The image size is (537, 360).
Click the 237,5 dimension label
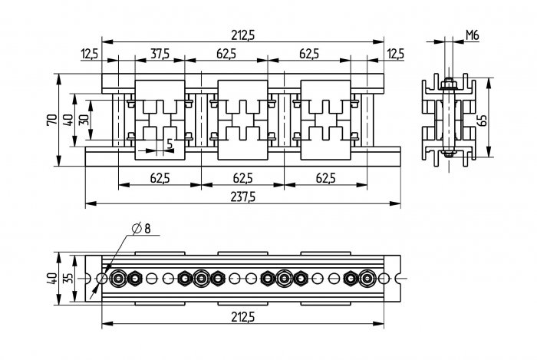243,197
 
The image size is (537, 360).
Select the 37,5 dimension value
160,54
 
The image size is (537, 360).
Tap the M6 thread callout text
473,35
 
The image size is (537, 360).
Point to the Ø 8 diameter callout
141,228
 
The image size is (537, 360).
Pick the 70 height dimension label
52,120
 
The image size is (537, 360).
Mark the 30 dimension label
84,120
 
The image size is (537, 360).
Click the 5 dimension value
170,144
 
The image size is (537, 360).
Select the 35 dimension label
68,278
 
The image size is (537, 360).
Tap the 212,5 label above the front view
243,35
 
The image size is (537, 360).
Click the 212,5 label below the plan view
243,317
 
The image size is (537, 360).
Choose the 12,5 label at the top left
90,54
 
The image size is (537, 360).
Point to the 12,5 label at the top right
396,54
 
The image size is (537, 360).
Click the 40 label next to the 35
52,278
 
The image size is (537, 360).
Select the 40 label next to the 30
68,120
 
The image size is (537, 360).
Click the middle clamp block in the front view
243,120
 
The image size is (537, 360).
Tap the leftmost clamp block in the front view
160,120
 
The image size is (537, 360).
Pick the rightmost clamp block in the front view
326,120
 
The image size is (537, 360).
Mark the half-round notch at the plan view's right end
398,278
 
